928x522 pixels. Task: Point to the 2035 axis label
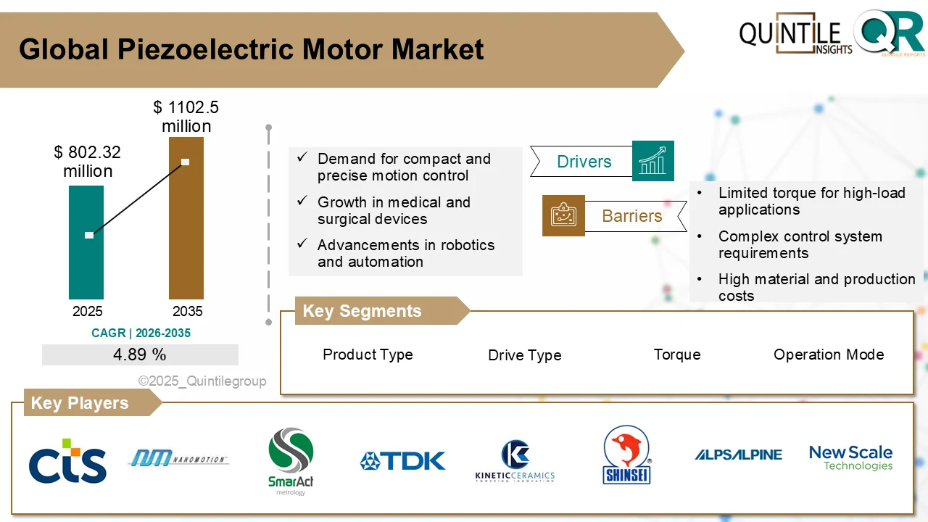click(187, 312)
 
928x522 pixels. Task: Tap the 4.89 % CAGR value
click(140, 355)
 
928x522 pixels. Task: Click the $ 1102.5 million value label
click(186, 117)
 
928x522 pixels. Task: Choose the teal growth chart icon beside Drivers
click(653, 161)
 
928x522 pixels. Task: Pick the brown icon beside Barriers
click(563, 216)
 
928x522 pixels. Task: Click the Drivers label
click(584, 162)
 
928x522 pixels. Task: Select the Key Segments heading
click(362, 311)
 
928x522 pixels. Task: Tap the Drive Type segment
click(524, 355)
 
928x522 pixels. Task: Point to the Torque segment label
click(677, 355)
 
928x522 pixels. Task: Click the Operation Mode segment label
click(829, 355)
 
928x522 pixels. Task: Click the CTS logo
click(67, 461)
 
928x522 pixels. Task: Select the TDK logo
click(403, 461)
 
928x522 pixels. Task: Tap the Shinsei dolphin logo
click(626, 455)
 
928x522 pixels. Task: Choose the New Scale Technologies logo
click(850, 457)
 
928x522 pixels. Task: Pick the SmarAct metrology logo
click(291, 461)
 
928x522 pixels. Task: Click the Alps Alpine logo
click(738, 455)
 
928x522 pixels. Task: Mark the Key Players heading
click(80, 403)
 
